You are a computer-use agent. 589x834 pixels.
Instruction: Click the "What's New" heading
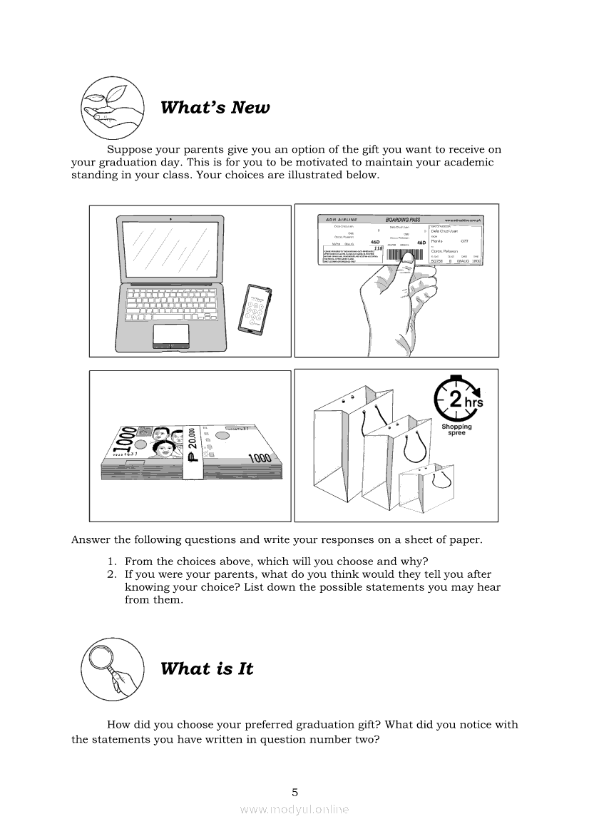tap(215, 108)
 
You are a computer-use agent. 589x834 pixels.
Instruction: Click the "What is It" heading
tap(207, 669)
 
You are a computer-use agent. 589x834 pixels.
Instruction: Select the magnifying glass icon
tap(109, 669)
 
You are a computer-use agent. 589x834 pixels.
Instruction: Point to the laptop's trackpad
tap(171, 334)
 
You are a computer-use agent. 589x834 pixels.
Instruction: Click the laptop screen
tap(171, 248)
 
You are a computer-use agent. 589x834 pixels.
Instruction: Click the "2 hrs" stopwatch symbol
tap(457, 400)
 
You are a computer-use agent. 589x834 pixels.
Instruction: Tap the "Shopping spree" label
tap(456, 430)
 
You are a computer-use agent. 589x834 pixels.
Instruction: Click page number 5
tap(294, 792)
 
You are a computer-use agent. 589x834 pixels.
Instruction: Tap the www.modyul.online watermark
tap(294, 809)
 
